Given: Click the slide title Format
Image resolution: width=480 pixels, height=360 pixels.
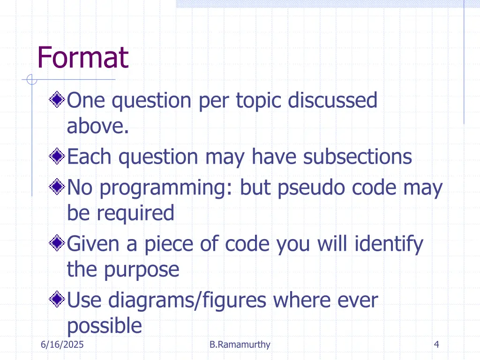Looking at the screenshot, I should [82, 58].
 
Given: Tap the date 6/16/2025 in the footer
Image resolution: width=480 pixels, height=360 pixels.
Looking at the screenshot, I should [62, 345].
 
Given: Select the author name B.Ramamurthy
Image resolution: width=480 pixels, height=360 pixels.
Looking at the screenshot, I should [240, 345].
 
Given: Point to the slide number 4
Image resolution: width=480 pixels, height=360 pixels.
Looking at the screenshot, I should [436, 345].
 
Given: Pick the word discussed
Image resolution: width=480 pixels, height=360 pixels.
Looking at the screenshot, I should [332, 100].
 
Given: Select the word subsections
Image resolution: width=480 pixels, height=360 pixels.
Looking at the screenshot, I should [357, 157].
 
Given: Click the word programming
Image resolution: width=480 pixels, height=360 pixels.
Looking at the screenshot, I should [166, 188].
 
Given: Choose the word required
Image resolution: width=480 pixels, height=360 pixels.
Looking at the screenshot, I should [135, 213].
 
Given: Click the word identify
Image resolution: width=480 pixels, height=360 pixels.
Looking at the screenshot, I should [389, 244].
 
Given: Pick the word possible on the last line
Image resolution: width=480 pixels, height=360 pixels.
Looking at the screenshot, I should [104, 326].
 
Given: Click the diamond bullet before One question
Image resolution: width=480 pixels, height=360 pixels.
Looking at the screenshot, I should [57, 99].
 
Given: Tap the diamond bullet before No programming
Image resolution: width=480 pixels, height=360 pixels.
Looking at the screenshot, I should [57, 187].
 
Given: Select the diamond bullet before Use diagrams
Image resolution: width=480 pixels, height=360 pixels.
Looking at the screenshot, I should [57, 299].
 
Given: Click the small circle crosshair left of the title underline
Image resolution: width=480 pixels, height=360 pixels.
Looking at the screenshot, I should [31, 80].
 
